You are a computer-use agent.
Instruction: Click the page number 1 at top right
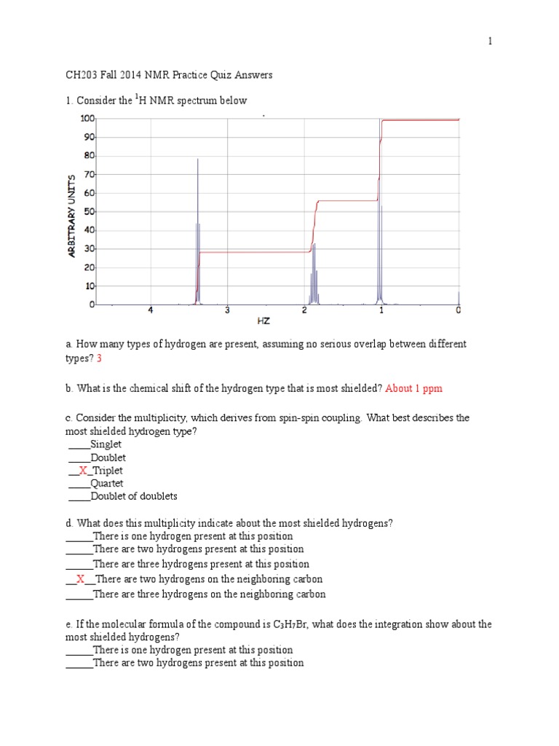[x=491, y=42]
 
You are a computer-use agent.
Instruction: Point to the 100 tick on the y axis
[x=87, y=118]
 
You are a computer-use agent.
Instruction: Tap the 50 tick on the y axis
[x=90, y=212]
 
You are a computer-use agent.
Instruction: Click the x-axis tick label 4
[x=151, y=311]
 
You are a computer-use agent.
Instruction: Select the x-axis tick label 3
[x=227, y=311]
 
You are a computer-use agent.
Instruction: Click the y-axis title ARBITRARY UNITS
[x=71, y=216]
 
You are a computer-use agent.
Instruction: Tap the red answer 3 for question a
[x=99, y=358]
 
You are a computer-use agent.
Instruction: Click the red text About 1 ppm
[x=413, y=388]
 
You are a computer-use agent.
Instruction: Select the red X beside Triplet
[x=83, y=471]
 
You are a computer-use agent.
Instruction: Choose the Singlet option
[x=106, y=444]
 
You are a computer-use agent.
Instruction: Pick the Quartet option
[x=106, y=484]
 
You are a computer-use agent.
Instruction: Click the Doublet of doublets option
[x=134, y=497]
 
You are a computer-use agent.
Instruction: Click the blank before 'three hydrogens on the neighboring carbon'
[x=79, y=594]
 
